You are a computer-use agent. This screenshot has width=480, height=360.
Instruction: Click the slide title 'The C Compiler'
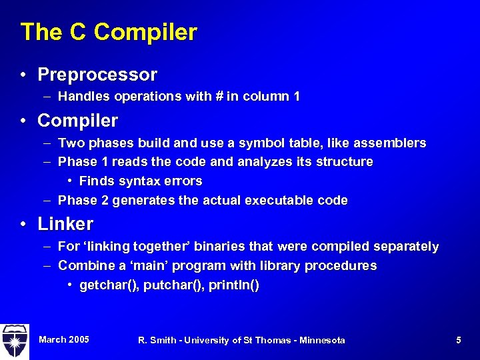click(109, 32)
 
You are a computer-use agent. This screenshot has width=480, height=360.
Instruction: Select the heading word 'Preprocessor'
click(97, 75)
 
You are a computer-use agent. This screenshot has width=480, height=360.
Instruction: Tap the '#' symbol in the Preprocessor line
click(218, 97)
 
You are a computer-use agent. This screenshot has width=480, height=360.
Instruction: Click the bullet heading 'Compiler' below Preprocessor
click(77, 121)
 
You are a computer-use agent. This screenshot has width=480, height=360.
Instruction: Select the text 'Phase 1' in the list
click(79, 162)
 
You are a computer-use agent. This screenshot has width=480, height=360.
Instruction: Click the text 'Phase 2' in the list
click(79, 201)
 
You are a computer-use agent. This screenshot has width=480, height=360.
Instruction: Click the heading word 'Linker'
click(65, 224)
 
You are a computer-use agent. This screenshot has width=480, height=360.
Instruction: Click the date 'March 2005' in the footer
click(64, 340)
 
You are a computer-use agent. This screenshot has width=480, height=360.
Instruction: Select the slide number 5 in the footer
click(459, 341)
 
